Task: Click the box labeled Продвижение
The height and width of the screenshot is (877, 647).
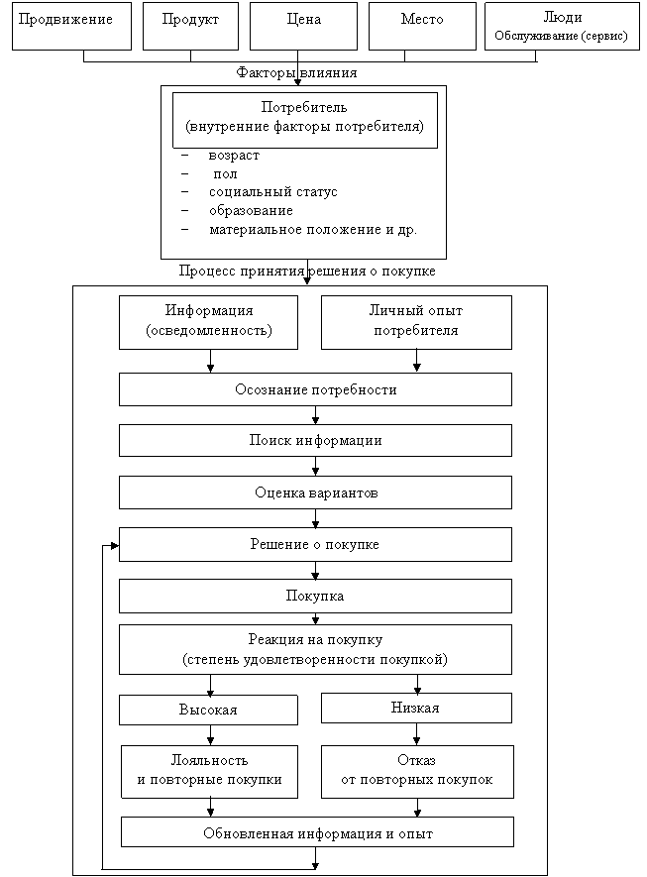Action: tap(71, 26)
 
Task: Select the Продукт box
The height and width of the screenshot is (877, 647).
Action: tap(189, 26)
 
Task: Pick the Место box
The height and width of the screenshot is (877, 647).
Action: tap(422, 26)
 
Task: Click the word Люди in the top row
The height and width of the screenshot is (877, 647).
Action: tap(563, 18)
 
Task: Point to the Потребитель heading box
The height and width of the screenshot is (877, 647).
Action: tap(305, 119)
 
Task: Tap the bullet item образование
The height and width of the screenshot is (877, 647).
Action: tap(251, 210)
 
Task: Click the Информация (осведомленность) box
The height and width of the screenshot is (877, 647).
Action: tap(208, 321)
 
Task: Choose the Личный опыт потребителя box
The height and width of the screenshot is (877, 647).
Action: tap(416, 321)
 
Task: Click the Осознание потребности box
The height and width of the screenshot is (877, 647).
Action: tap(315, 389)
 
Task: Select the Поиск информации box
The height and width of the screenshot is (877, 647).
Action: tap(315, 440)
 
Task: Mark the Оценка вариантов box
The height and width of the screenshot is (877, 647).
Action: tap(315, 493)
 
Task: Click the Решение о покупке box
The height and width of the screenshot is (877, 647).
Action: tap(315, 544)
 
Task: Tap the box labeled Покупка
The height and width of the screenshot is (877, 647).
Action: tap(315, 597)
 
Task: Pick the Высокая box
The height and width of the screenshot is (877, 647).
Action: tap(208, 710)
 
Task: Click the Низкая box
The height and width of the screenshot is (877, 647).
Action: tap(416, 708)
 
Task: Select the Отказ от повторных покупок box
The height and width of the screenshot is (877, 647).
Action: tap(417, 770)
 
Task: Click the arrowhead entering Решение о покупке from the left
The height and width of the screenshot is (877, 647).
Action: tap(115, 545)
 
